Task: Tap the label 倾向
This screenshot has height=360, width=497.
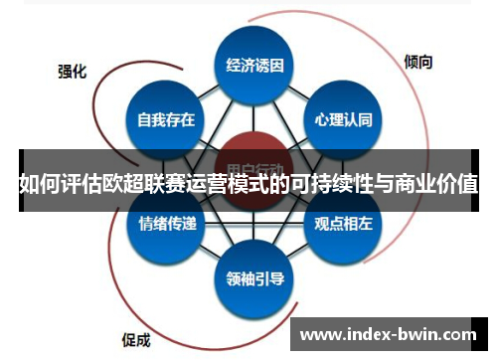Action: click(x=418, y=62)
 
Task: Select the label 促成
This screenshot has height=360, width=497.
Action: click(x=135, y=337)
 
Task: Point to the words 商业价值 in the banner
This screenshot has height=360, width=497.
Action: click(x=437, y=184)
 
